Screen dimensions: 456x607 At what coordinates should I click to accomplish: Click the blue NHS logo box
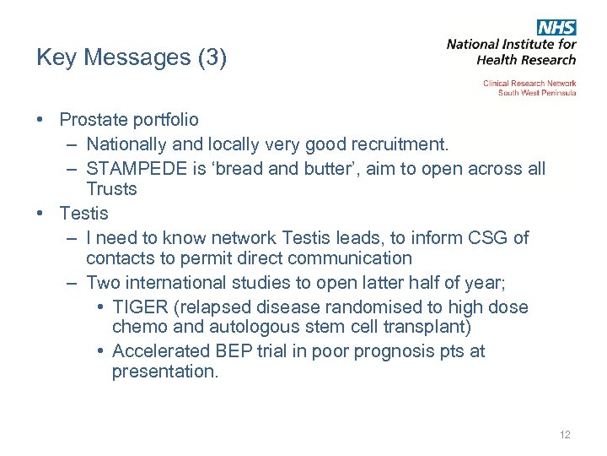pyautogui.click(x=556, y=27)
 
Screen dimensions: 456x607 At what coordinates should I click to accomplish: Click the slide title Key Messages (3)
pyautogui.click(x=132, y=58)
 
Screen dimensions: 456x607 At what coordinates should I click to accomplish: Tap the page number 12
pyautogui.click(x=564, y=435)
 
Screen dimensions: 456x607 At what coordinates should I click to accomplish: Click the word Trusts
pyautogui.click(x=111, y=189)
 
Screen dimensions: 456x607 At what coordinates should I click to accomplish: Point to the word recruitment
pyautogui.click(x=396, y=145)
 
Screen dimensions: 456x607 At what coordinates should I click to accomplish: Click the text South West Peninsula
pyautogui.click(x=537, y=93)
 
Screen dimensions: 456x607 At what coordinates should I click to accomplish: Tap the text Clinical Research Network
pyautogui.click(x=529, y=84)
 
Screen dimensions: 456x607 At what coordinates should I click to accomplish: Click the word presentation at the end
pyautogui.click(x=164, y=372)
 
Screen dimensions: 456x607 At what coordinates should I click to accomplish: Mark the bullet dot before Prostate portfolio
pyautogui.click(x=40, y=121)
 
